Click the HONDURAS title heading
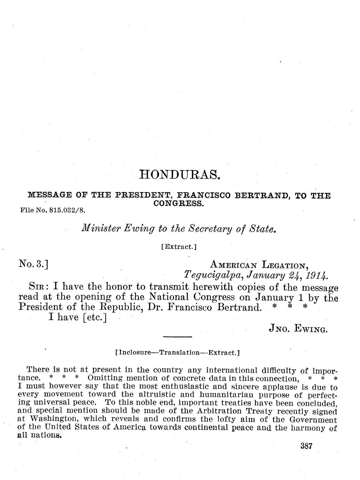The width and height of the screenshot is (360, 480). coord(179,174)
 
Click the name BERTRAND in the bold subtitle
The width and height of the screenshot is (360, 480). coord(262,196)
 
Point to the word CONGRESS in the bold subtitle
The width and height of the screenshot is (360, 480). coord(178,203)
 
